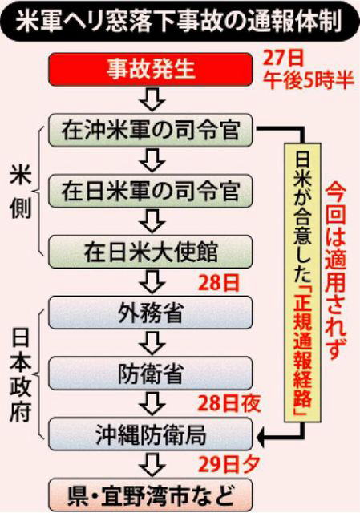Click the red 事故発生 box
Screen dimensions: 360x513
[151, 70]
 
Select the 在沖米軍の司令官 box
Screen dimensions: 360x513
[151, 130]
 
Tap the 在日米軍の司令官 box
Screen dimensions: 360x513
[151, 191]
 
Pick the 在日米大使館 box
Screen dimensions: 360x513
[151, 252]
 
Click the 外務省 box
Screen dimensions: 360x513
[151, 313]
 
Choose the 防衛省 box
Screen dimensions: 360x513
[151, 374]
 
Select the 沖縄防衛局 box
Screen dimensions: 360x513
[151, 434]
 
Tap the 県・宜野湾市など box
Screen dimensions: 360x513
[151, 495]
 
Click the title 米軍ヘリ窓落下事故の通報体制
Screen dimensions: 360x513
[180, 22]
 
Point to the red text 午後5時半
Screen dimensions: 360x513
[309, 79]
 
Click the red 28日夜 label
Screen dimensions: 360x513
[229, 403]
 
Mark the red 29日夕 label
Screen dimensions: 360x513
[229, 464]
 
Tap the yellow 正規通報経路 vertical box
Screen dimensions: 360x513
[302, 282]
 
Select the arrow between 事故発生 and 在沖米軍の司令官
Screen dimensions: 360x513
[152, 99]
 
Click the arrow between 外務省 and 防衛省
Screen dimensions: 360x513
[152, 343]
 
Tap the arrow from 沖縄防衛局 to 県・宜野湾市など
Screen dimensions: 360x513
[152, 465]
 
